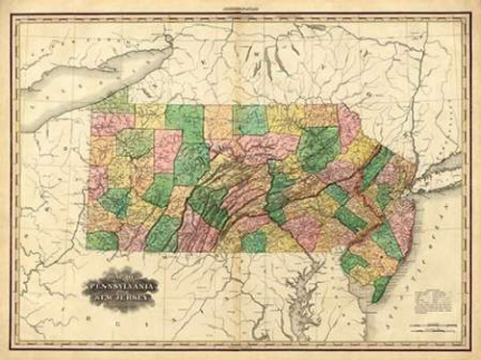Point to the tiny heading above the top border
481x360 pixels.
click(x=240, y=6)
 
